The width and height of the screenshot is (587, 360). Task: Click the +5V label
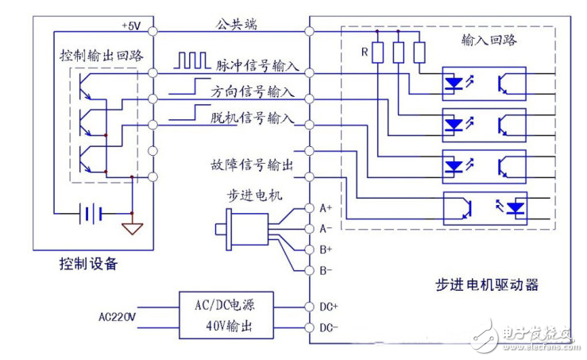(130, 25)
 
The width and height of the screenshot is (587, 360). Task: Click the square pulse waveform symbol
(191, 60)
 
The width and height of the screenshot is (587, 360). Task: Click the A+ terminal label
(326, 209)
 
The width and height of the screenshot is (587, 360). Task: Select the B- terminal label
(326, 270)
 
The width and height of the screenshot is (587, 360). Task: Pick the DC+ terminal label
(328, 306)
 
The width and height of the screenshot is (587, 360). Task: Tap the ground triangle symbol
(131, 230)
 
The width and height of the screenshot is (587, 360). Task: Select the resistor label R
(364, 54)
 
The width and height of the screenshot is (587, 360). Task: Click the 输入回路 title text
(484, 38)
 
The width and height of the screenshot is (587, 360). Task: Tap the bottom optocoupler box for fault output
(484, 208)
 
